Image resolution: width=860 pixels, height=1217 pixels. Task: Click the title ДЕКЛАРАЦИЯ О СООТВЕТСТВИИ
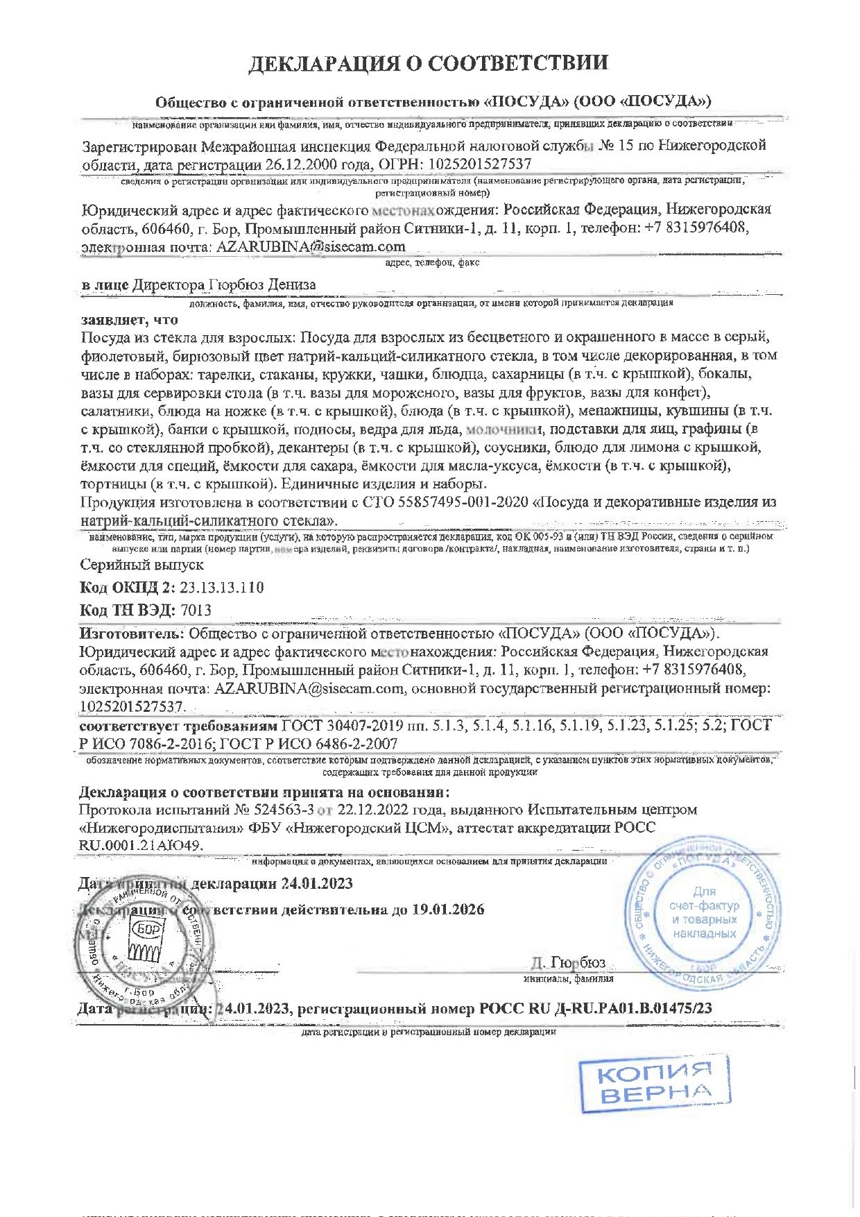[x=429, y=63]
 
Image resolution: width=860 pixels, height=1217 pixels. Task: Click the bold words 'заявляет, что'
[x=130, y=320]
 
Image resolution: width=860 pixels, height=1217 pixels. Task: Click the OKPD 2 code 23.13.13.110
[x=222, y=587]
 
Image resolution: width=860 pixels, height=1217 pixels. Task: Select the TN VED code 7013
[x=196, y=610]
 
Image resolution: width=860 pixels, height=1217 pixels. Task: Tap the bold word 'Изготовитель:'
[x=132, y=633]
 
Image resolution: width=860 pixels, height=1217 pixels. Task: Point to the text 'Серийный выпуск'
[x=141, y=565]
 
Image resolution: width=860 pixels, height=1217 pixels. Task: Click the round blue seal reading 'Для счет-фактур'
[x=704, y=912]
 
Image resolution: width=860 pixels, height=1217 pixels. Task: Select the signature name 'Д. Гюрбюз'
[x=568, y=962]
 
